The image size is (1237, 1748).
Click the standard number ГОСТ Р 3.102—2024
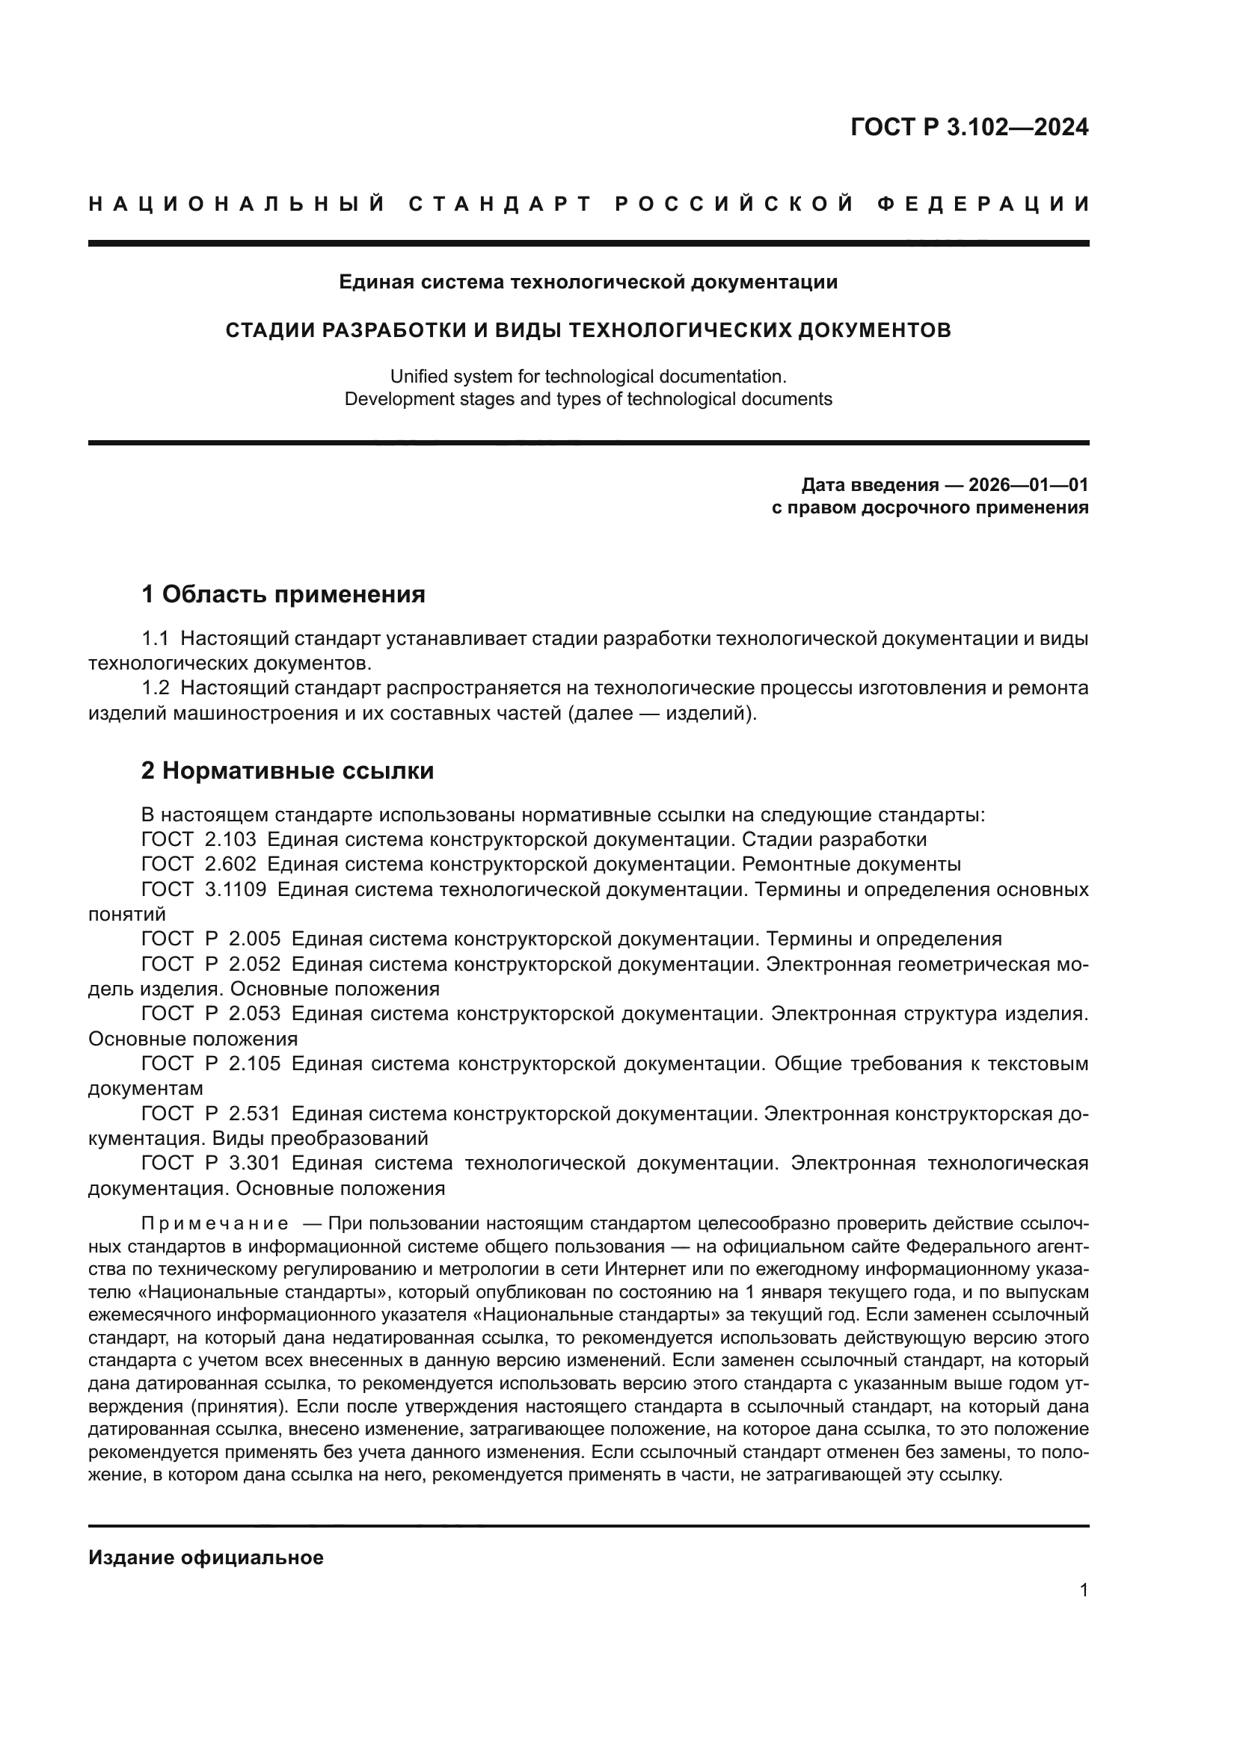click(x=969, y=127)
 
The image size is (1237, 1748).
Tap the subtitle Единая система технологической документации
click(x=588, y=282)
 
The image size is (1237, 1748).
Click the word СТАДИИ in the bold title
click(x=267, y=330)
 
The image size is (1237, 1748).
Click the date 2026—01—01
click(x=1028, y=485)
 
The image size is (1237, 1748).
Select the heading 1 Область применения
click(x=283, y=594)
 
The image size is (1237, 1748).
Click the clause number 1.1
click(x=156, y=638)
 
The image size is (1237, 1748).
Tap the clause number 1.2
click(x=156, y=688)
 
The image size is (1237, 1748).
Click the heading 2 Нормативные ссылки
click(x=288, y=770)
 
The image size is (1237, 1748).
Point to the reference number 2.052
click(x=254, y=964)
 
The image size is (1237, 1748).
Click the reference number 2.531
click(x=254, y=1113)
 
